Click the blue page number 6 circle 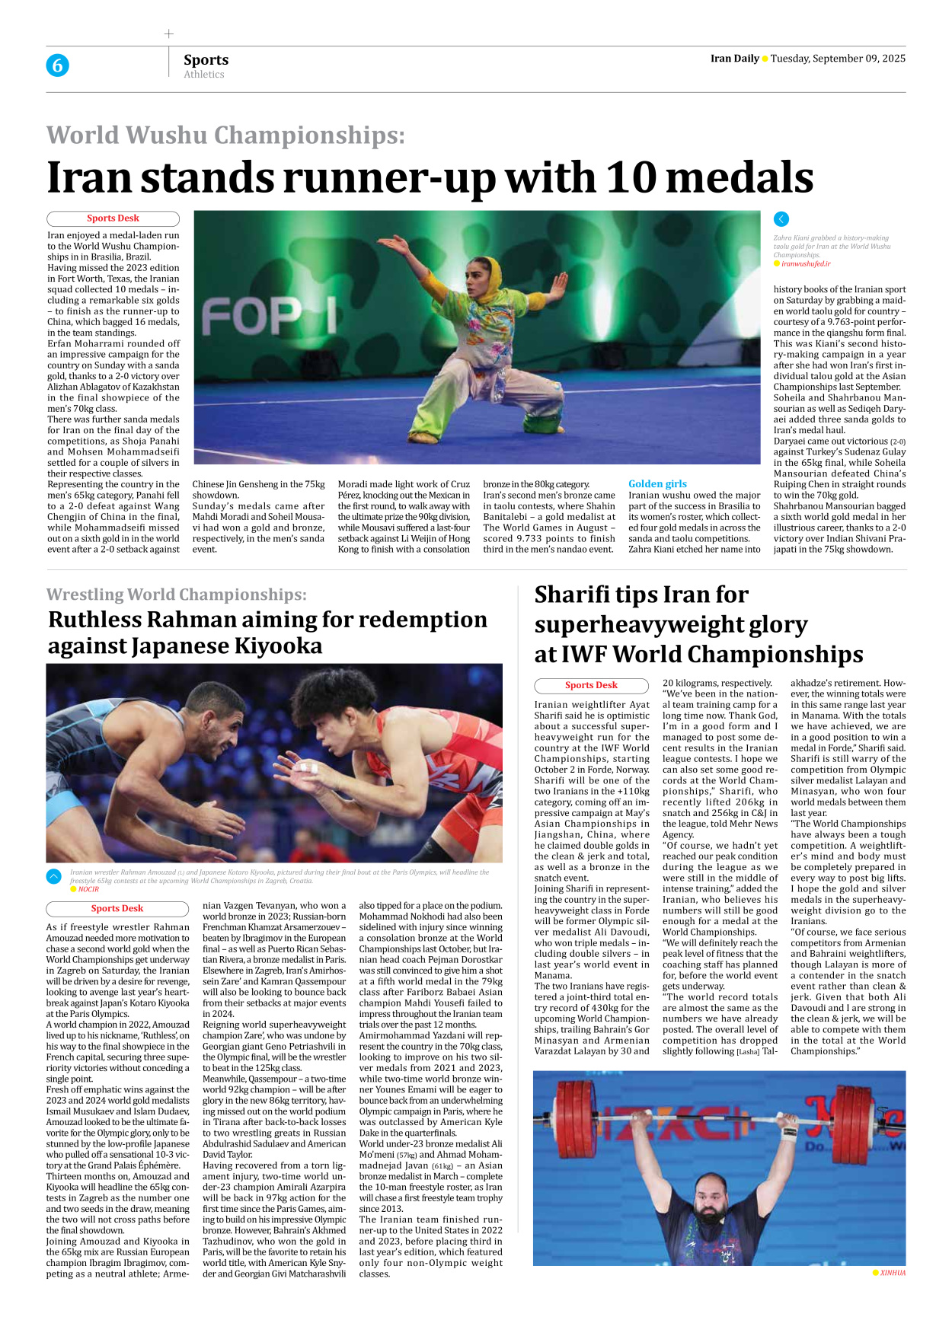[x=57, y=65]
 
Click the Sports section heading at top [x=206, y=59]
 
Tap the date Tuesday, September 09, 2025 [x=838, y=59]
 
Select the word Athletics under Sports [x=203, y=75]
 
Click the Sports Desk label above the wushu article [x=113, y=218]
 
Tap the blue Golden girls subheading [x=657, y=483]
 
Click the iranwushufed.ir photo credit [x=805, y=264]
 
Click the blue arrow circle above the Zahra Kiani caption [x=781, y=219]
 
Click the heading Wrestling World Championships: [x=177, y=595]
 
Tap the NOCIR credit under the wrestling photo [x=88, y=889]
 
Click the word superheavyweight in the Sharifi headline [x=670, y=625]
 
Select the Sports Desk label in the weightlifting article [x=591, y=685]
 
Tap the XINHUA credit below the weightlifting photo [x=893, y=1273]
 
